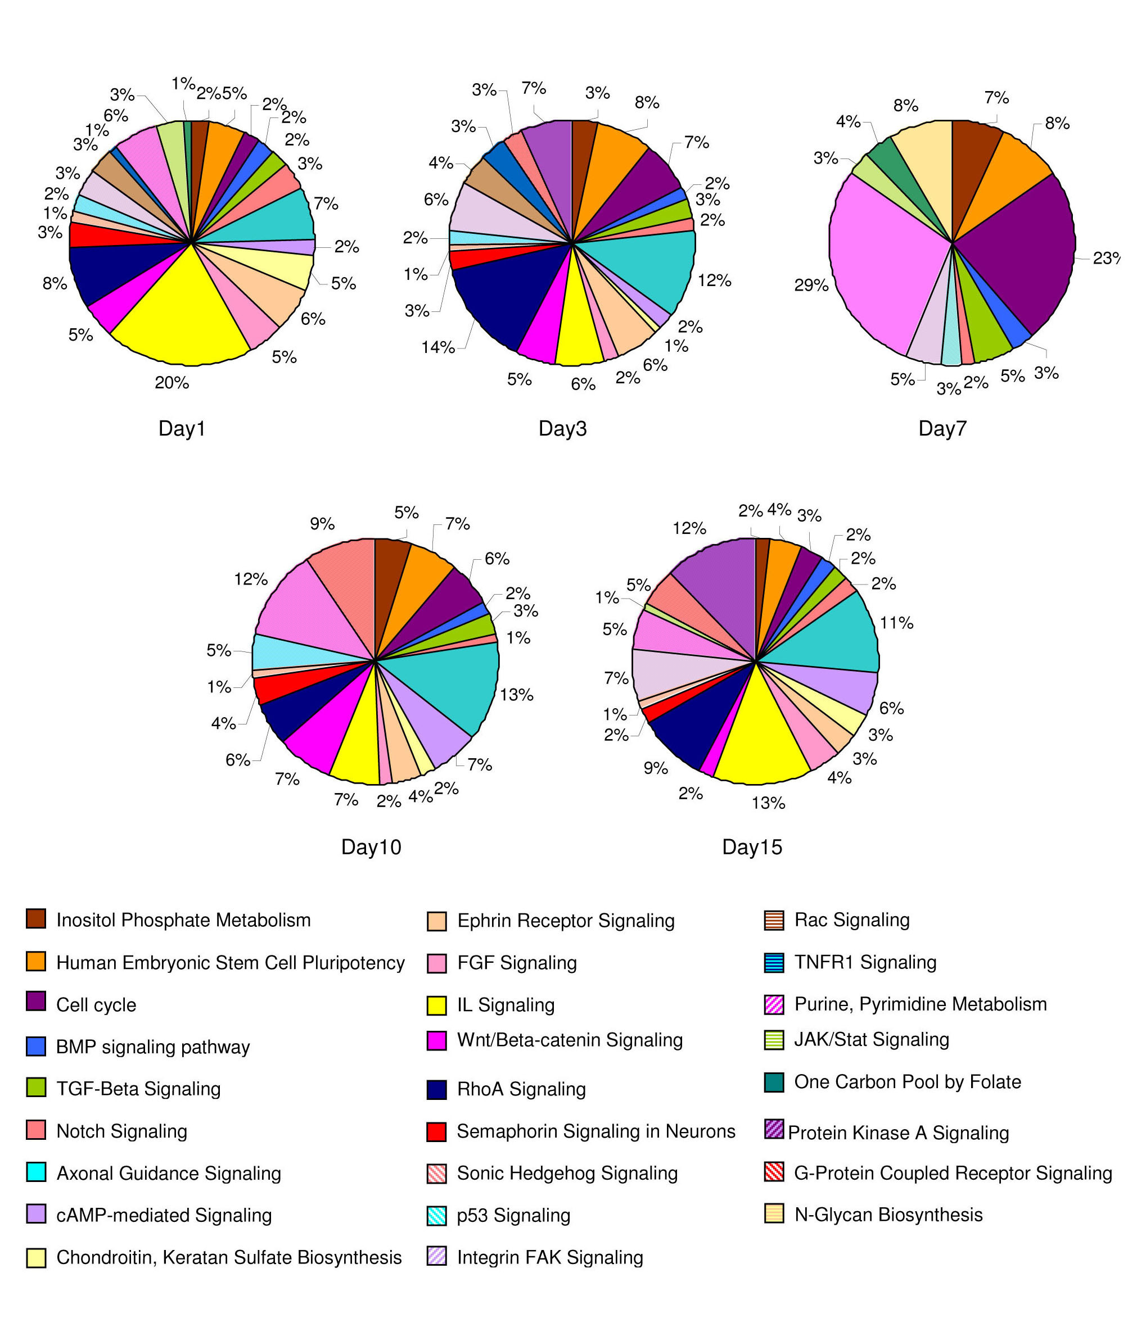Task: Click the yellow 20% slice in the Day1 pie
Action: tap(181, 318)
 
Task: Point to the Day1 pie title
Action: tap(182, 429)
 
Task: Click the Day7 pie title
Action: tap(942, 429)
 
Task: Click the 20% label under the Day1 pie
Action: tap(172, 383)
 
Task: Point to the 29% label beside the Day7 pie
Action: tap(811, 286)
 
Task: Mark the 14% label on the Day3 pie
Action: tap(437, 347)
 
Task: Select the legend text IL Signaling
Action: tap(506, 1005)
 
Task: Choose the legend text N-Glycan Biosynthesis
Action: tap(888, 1215)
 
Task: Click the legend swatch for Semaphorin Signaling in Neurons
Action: tap(436, 1131)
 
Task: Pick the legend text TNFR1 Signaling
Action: tap(865, 962)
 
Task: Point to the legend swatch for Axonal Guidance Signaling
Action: tap(35, 1172)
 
